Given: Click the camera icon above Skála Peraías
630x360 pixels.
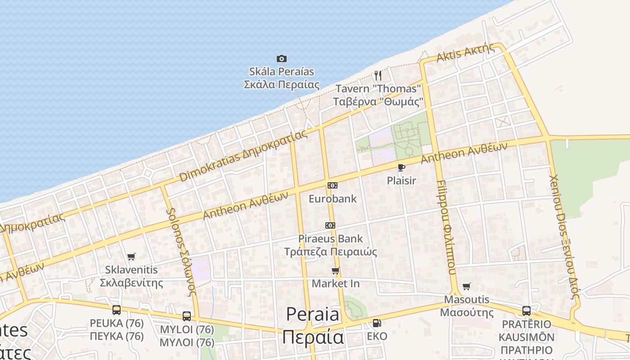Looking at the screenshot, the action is [282, 58].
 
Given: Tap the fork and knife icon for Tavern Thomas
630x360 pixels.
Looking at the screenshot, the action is [378, 75].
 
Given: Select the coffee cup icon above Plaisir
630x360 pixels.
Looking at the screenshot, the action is [401, 168].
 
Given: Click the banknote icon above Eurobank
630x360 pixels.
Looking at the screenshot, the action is [333, 185].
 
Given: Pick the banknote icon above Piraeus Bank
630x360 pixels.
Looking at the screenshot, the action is [330, 225].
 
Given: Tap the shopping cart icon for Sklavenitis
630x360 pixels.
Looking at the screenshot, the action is [131, 257].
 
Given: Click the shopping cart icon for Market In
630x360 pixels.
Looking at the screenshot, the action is [335, 270].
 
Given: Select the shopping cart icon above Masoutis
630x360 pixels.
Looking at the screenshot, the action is [467, 286].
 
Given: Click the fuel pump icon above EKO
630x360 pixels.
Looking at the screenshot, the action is [377, 323].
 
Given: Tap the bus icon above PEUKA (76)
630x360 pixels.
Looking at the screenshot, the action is [117, 310].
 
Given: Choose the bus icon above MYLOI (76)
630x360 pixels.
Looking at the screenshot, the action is [187, 316].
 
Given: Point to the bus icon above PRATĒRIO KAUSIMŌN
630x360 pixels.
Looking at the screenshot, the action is [526, 310].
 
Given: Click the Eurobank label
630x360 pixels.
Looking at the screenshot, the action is [333, 198].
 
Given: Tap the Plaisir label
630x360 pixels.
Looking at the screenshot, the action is [401, 181].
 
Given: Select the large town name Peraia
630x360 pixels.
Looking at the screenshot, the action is [313, 314].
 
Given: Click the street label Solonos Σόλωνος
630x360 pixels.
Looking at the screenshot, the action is [182, 252].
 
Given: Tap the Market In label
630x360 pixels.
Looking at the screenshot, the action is [336, 283].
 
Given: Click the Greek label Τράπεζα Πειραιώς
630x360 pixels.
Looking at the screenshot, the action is [331, 252].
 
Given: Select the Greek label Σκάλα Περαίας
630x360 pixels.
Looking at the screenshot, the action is [282, 85].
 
